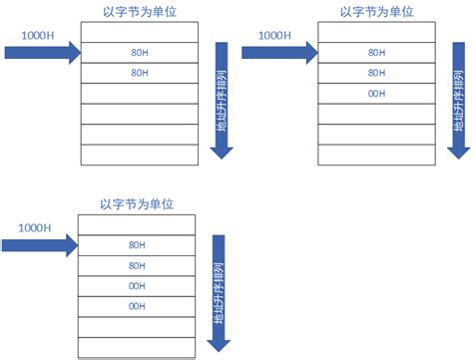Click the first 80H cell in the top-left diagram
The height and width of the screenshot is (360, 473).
pos(139,52)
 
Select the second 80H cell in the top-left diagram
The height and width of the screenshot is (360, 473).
pos(139,73)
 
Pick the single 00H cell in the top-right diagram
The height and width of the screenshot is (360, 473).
pos(376,94)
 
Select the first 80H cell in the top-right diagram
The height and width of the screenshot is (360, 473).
pos(376,52)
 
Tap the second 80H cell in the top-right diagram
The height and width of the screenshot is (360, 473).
pos(376,73)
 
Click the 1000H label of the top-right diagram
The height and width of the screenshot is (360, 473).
pos(275,35)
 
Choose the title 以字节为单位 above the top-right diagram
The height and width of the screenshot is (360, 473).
pos(376,12)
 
